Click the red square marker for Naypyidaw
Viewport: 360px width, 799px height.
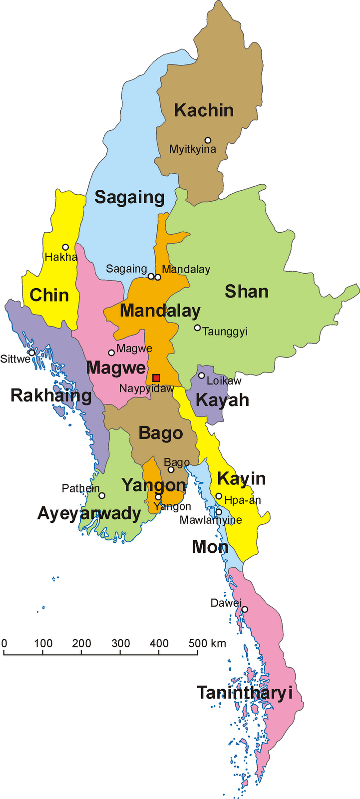156,378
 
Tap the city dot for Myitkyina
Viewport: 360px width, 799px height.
208,140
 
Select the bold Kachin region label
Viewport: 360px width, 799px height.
204,110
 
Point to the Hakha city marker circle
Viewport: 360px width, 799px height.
65,247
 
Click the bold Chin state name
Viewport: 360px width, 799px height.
49,295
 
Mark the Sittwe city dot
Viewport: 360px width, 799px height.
32,353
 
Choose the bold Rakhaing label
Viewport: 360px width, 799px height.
51,396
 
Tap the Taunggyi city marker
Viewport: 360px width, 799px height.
198,328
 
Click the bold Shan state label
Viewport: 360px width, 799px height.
246,292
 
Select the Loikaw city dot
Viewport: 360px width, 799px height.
202,376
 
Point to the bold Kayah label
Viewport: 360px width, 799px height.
222,400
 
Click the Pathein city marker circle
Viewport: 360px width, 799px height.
102,495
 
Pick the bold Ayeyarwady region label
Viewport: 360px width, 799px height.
89,513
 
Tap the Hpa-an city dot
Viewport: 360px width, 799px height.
219,496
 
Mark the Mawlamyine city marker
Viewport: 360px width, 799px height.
219,512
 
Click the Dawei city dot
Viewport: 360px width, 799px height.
245,609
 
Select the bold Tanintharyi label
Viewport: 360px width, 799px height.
244,693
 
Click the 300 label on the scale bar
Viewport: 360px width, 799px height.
120,643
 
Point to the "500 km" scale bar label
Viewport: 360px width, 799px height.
208,643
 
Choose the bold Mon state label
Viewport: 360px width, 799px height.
210,547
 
